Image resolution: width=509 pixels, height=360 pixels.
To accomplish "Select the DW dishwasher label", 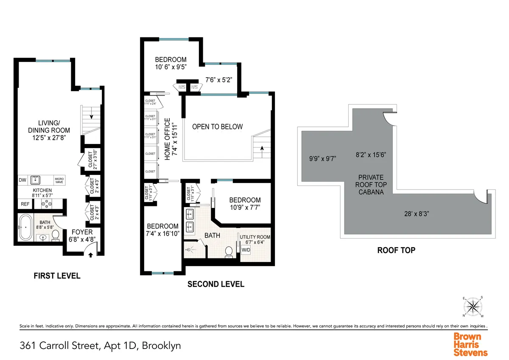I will [22, 180].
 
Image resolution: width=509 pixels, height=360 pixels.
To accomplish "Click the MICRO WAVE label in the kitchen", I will [59, 180].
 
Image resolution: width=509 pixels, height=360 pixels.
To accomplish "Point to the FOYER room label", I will [82, 232].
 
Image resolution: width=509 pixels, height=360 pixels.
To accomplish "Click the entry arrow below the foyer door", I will [89, 254].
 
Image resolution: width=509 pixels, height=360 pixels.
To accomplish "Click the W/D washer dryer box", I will [246, 250].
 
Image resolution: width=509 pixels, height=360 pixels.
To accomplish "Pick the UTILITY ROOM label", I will [255, 237].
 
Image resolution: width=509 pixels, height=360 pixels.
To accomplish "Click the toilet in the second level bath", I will [229, 251].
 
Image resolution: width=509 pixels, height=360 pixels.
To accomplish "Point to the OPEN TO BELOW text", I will [217, 127].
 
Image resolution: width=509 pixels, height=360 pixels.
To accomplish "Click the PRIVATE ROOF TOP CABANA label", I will [371, 184].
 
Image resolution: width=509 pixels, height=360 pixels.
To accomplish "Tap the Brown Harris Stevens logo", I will [470, 344].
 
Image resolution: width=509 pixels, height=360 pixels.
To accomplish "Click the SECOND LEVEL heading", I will [216, 284].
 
